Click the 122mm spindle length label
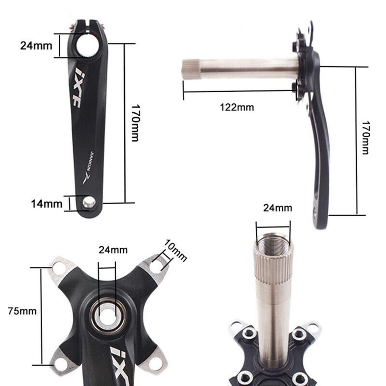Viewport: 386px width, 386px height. pyautogui.click(x=237, y=107)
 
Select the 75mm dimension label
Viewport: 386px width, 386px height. pyautogui.click(x=22, y=311)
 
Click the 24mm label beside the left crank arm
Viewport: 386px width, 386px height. pyautogui.click(x=37, y=46)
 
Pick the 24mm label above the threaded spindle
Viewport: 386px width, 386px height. pyautogui.click(x=277, y=208)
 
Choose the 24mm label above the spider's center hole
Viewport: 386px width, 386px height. pyautogui.click(x=113, y=250)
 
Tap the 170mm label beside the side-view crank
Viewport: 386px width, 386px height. pyautogui.click(x=365, y=138)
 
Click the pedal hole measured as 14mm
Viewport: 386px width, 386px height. pyautogui.click(x=89, y=203)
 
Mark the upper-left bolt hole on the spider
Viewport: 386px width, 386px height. pyautogui.click(x=58, y=268)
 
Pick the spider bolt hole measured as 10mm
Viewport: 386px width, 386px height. pyautogui.click(x=155, y=267)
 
